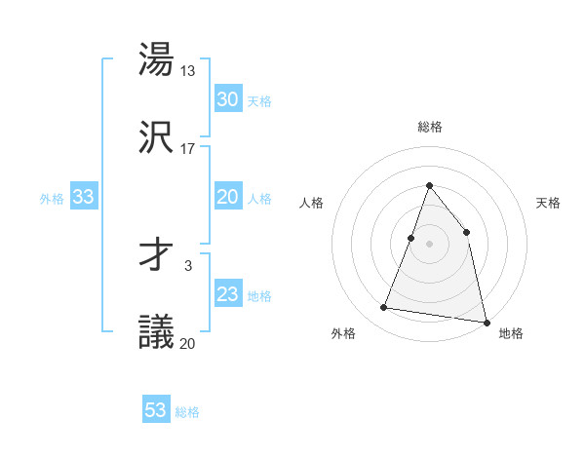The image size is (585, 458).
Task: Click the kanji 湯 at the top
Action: tap(157, 59)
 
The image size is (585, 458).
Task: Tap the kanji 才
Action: tap(157, 254)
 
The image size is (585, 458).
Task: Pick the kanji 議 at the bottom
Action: tap(157, 331)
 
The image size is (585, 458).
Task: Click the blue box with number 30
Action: tap(227, 98)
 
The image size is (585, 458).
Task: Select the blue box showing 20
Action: tap(227, 197)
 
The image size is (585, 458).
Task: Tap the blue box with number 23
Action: tap(227, 294)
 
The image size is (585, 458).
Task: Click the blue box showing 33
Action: tap(83, 197)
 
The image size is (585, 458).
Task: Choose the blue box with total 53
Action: tap(156, 410)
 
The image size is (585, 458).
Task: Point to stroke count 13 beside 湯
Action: tap(189, 70)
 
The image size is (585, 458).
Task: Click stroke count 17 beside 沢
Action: tap(188, 148)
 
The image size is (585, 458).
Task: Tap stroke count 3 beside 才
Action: tap(188, 265)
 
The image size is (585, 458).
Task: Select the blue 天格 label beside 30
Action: tap(259, 100)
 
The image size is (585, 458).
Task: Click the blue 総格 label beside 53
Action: tap(187, 412)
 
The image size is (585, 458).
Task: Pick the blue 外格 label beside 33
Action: tap(52, 199)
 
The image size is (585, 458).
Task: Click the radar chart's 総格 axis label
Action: tap(429, 127)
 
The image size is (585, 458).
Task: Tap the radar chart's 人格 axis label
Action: tap(311, 203)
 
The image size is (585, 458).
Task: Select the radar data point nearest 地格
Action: tap(486, 322)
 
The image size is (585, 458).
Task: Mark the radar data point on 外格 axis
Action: tap(384, 308)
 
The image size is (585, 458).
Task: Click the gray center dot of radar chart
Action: tap(429, 243)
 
